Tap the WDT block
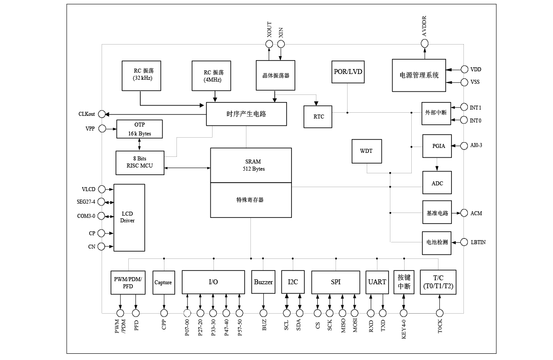point(366,151)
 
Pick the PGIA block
point(437,146)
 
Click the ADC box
point(437,183)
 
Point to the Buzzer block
point(263,282)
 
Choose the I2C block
point(293,282)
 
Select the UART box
point(377,282)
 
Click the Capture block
point(163,282)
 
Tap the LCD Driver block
point(129,217)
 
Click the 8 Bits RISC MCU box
point(139,163)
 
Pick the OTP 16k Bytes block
point(139,129)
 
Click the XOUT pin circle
point(269,44)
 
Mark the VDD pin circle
point(464,70)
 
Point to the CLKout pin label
point(87,114)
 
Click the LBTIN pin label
point(478,242)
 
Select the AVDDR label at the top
point(425,26)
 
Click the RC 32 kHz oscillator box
point(140,76)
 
